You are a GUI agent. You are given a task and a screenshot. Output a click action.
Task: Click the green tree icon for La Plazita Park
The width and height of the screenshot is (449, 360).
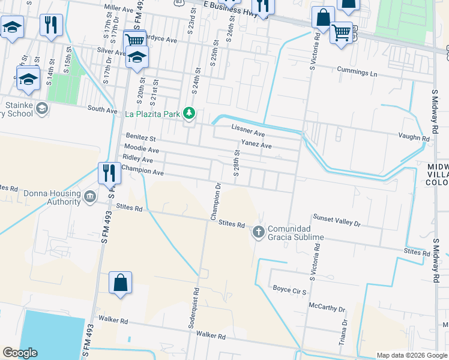(x=189, y=113)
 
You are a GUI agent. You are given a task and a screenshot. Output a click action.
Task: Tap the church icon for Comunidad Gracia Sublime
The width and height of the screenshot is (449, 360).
(x=259, y=231)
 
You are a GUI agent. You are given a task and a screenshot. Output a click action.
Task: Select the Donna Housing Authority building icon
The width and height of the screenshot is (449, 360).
(x=89, y=196)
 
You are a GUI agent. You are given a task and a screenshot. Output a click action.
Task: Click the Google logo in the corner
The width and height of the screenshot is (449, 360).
(x=20, y=353)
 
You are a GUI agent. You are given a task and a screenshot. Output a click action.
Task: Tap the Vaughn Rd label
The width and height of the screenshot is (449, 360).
(x=414, y=138)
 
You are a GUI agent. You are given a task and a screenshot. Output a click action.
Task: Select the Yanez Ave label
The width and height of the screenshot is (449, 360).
(x=256, y=145)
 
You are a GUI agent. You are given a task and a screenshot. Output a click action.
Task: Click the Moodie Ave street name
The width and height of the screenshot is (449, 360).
(x=142, y=149)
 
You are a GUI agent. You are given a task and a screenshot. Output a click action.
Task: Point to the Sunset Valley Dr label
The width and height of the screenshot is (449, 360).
(x=336, y=220)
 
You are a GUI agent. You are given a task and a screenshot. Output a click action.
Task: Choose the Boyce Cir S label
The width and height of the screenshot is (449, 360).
(x=290, y=289)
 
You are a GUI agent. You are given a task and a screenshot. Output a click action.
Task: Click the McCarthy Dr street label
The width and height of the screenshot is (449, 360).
(x=327, y=308)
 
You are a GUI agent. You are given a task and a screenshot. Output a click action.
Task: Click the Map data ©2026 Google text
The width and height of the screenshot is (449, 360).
(x=412, y=355)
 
